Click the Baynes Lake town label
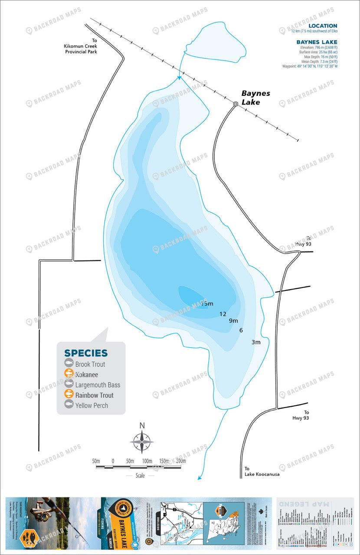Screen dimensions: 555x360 255,98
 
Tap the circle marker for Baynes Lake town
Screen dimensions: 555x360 236,104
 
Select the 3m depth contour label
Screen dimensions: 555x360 256,342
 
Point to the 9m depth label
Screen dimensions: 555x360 233,321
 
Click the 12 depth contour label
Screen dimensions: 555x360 223,314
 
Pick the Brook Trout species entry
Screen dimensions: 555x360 90,364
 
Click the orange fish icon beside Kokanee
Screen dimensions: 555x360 69,374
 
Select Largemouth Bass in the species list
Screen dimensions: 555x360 98,385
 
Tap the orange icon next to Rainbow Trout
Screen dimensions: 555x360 69,395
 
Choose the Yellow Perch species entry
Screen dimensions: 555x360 92,405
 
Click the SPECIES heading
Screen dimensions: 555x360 86,353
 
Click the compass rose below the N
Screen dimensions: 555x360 142,443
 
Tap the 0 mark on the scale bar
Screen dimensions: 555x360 113,460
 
